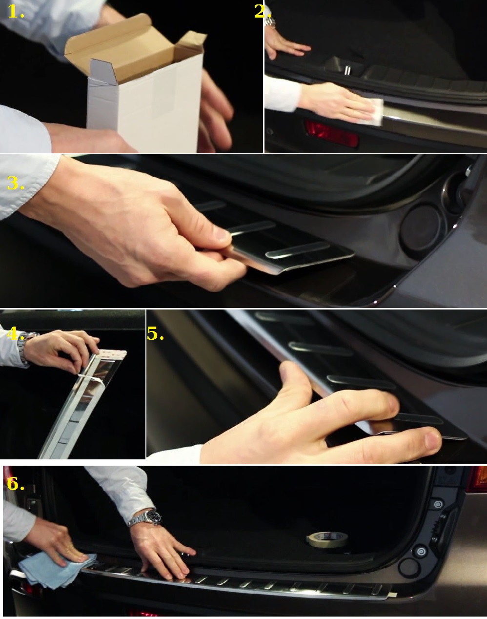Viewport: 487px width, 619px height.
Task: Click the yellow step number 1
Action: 16,12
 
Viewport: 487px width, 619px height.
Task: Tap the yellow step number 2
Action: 263,12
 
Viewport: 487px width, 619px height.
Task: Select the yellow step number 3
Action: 16,183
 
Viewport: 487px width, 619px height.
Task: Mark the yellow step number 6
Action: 16,484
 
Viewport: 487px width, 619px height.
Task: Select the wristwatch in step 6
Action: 145,518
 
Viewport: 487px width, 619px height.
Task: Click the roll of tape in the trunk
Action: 327,539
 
